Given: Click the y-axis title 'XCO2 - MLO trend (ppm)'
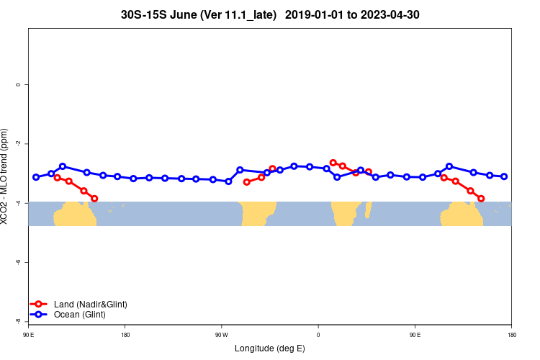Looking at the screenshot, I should click(5, 176).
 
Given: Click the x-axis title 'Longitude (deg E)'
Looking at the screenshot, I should click(270, 348).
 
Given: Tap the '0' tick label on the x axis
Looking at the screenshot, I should click(318, 334).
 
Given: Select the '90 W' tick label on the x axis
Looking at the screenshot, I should click(221, 334).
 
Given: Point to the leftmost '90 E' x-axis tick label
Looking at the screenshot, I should click(28, 334).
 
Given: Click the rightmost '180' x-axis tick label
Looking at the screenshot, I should click(511, 334).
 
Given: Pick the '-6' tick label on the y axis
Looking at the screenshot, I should click(18, 262).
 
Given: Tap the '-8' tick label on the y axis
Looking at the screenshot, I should click(18, 321).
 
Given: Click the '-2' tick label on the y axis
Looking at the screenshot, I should click(18, 144).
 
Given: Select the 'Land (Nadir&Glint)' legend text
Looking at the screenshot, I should click(91, 305).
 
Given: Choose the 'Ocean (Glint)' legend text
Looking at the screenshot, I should click(80, 315).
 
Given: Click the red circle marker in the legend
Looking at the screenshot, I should click(39, 305).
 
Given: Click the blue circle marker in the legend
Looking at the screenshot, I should click(39, 315).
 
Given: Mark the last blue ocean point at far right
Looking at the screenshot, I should click(504, 176).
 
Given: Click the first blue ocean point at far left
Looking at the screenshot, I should click(36, 177).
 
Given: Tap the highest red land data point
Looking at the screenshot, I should click(333, 163).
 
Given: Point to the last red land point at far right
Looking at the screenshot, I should click(481, 199).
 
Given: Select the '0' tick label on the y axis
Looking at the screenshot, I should click(18, 85).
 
